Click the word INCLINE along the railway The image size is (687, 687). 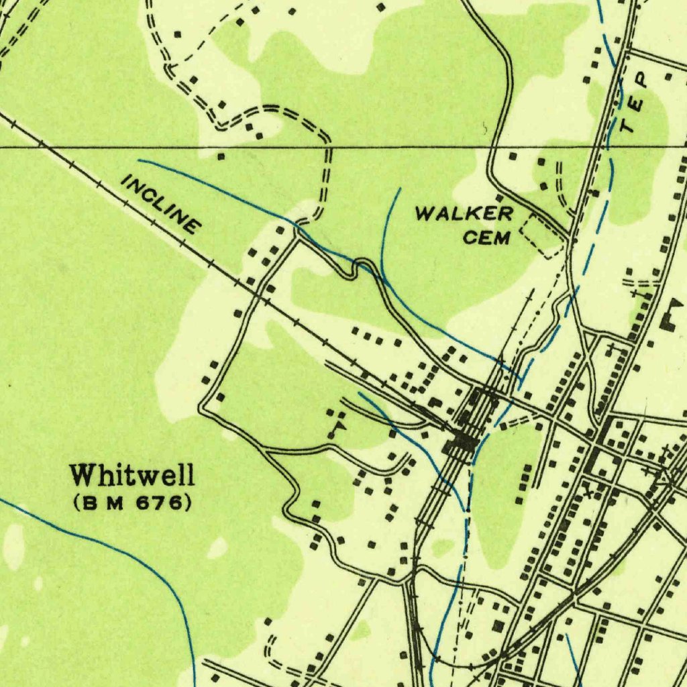[161, 204]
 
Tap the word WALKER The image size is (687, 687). [464, 215]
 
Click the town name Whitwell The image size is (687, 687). [133, 475]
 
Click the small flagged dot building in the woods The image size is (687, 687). [339, 425]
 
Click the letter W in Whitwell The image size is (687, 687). [83, 475]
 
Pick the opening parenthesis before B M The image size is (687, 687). [77, 502]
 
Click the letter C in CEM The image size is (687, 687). [471, 237]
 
